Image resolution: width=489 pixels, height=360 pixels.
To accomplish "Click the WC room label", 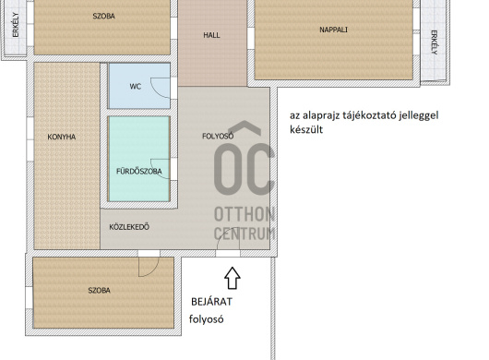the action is click(136, 87).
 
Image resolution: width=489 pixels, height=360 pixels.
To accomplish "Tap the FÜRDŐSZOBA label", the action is click(139, 172).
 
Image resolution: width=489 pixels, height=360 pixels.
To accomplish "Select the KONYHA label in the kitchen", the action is click(62, 137).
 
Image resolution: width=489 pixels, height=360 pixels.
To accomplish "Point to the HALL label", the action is click(211, 35).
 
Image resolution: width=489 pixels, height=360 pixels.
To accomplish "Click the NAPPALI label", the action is click(333, 30).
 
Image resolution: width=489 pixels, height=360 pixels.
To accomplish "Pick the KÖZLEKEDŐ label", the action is click(129, 227).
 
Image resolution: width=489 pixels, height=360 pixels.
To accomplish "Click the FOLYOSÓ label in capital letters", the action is click(218, 136).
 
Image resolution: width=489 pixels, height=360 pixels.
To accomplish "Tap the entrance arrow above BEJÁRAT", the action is click(233, 278).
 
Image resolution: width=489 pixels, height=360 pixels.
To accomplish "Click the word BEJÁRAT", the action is click(211, 302).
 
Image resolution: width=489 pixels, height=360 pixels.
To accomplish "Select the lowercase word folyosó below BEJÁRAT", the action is click(206, 319).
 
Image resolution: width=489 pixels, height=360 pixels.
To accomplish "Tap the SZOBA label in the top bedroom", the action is click(104, 16).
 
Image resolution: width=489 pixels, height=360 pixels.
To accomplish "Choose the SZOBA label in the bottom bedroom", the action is click(99, 291).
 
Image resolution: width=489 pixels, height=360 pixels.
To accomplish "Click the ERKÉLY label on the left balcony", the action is click(16, 25).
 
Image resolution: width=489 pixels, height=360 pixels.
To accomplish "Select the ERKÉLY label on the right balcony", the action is click(435, 42).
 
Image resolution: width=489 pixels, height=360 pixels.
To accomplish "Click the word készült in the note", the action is click(306, 129).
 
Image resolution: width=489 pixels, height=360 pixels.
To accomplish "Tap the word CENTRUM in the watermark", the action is click(244, 234).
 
